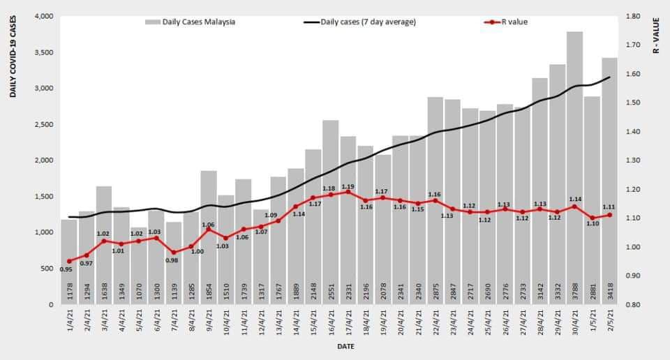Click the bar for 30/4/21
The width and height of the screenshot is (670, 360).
(x=574, y=167)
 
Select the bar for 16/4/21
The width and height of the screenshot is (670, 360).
(x=331, y=209)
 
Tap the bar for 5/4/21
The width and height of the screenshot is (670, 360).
(x=139, y=265)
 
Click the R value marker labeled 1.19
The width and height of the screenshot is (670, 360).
(x=348, y=192)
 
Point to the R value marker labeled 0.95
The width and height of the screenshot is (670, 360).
(x=69, y=261)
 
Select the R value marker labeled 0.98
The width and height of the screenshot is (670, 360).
(x=174, y=253)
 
